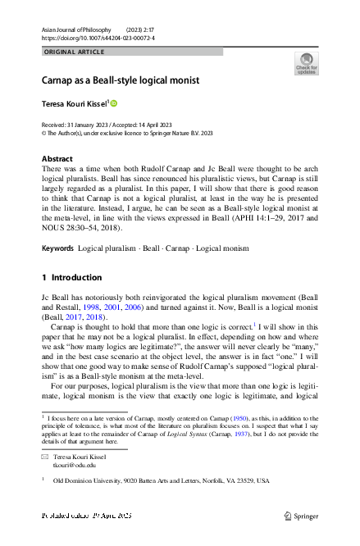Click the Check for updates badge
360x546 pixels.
click(306, 63)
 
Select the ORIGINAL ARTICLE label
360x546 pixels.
click(74, 52)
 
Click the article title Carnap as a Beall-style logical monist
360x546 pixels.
click(121, 80)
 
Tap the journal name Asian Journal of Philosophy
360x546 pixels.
click(75, 29)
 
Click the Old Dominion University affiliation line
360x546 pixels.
click(161, 481)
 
